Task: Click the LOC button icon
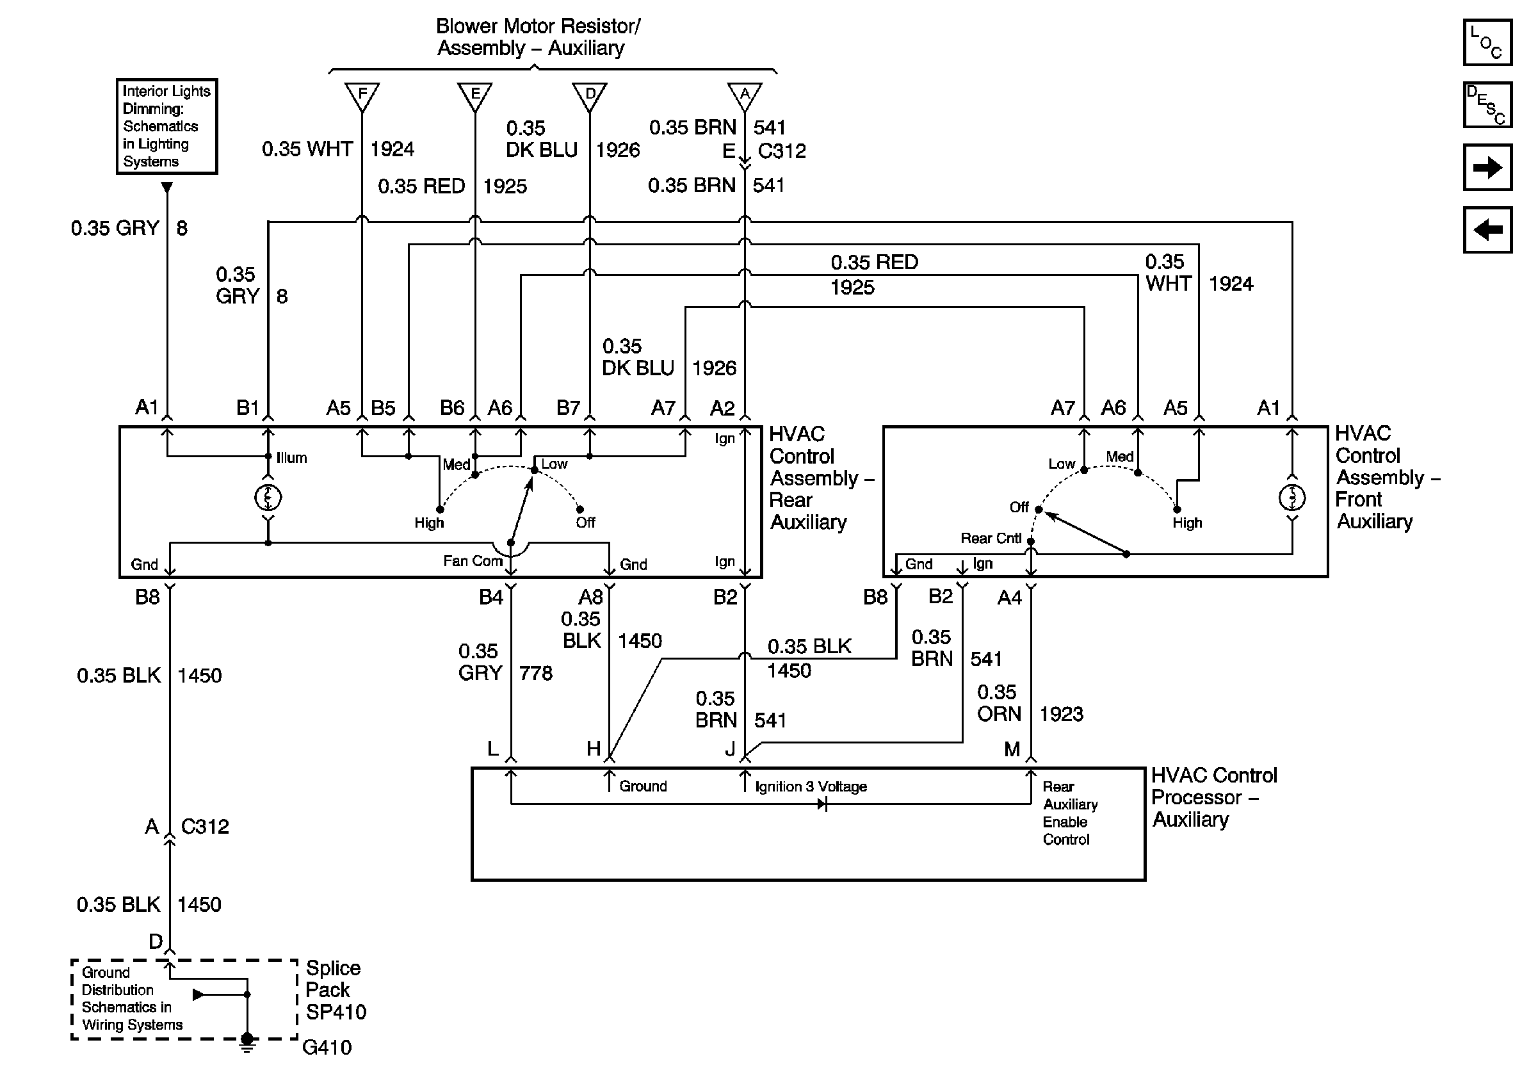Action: click(1487, 42)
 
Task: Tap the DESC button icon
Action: click(1487, 104)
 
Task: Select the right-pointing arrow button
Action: click(1487, 166)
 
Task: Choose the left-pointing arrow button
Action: click(1487, 230)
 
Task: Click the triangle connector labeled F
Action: click(362, 97)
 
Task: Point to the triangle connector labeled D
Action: click(590, 97)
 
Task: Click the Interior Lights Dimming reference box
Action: click(166, 127)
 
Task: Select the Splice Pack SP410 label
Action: click(336, 990)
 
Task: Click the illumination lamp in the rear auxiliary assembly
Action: click(268, 497)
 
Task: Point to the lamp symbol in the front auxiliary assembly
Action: click(1292, 497)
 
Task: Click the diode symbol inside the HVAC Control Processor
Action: click(822, 804)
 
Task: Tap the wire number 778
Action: click(536, 672)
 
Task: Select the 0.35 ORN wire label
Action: click(998, 702)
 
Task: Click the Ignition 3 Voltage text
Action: click(811, 786)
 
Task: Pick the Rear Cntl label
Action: click(991, 539)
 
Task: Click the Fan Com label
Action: click(473, 561)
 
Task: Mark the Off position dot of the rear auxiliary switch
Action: click(580, 510)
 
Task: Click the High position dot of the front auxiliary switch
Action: click(1177, 510)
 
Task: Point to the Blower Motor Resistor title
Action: click(538, 37)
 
